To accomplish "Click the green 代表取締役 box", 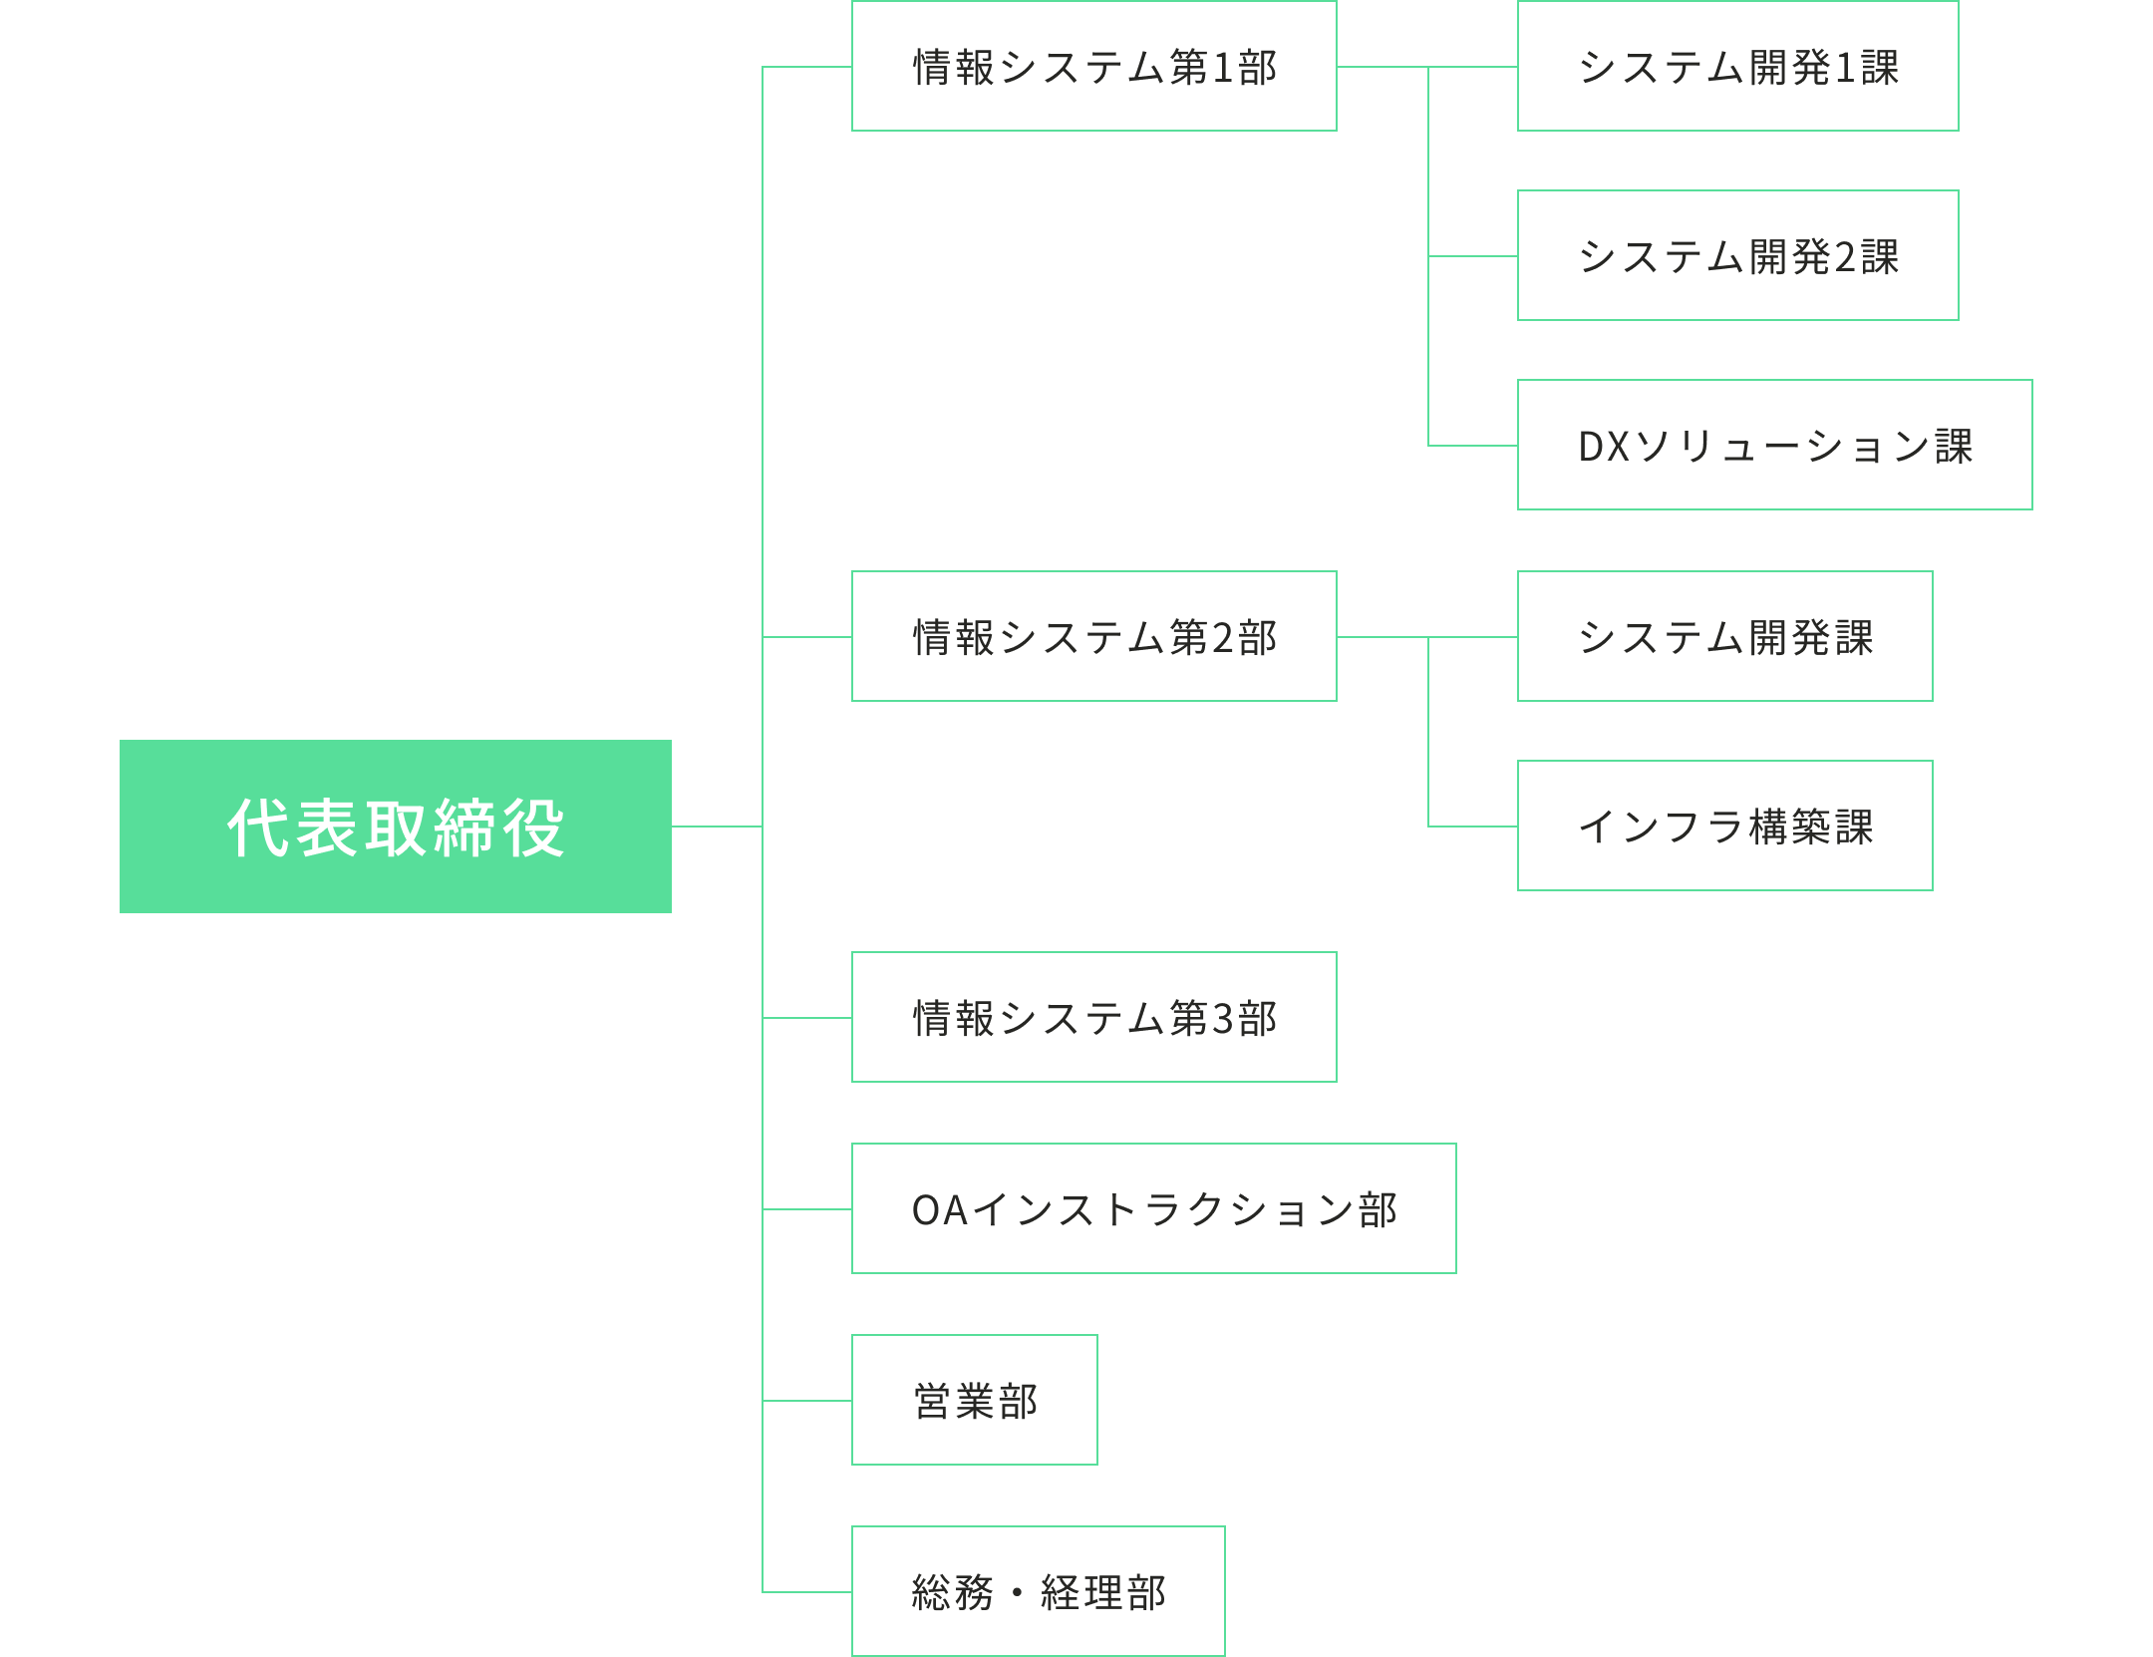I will [396, 827].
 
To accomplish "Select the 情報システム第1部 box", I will [1093, 67].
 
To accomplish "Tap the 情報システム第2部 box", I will [1093, 637].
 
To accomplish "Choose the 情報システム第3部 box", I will [1093, 1018].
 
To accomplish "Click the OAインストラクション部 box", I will [1153, 1209].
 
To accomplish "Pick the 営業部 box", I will [974, 1401].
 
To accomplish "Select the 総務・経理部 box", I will [1038, 1592].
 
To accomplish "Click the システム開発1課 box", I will [1737, 67].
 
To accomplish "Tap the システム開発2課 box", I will [1737, 256].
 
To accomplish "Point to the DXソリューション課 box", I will [1774, 446].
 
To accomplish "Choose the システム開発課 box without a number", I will [1724, 637].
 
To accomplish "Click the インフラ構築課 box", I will [1724, 827].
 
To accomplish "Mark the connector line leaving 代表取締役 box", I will [716, 827].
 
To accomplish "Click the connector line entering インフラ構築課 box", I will [1473, 827].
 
